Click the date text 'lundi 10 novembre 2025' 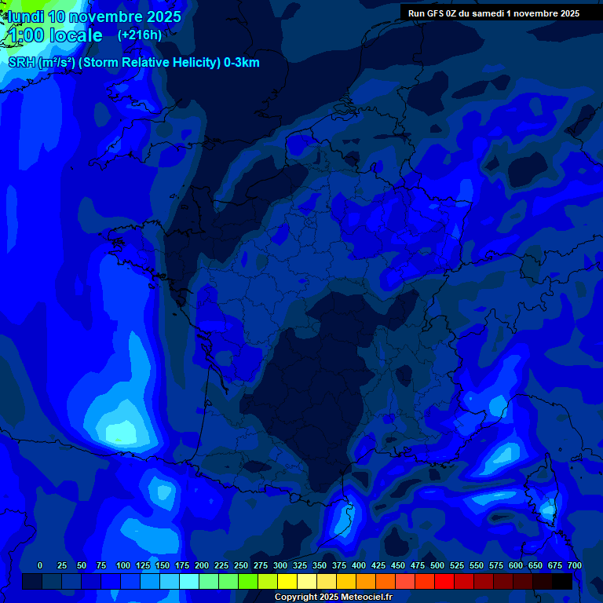click(x=94, y=16)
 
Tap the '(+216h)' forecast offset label click(x=140, y=35)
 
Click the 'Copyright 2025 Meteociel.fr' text click(x=333, y=597)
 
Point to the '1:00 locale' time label click(x=55, y=35)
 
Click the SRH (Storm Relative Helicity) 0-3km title click(x=133, y=63)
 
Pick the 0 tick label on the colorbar click(x=40, y=566)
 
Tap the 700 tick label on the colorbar click(x=574, y=566)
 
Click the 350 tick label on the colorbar click(x=320, y=566)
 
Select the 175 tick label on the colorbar click(x=182, y=566)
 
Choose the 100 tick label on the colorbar click(x=123, y=566)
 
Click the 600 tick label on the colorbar click(x=516, y=566)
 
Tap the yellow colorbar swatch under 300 click(x=287, y=582)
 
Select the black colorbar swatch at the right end click(x=562, y=582)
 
